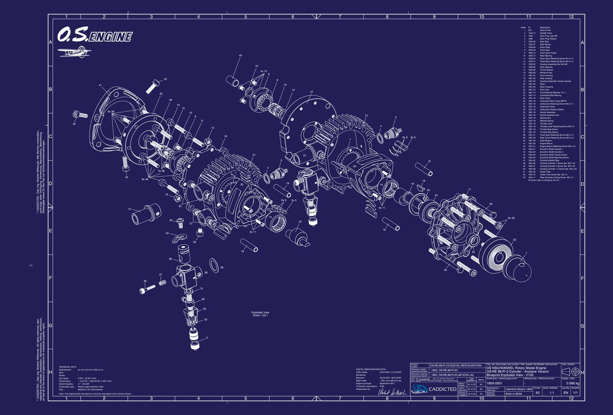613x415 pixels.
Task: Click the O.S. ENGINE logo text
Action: (x=95, y=35)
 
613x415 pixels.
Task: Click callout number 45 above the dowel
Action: (x=240, y=56)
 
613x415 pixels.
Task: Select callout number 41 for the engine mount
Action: (x=100, y=85)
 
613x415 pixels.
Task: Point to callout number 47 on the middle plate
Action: (x=311, y=92)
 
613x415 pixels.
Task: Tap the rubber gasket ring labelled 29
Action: (x=214, y=266)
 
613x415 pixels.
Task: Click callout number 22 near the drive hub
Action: (x=514, y=240)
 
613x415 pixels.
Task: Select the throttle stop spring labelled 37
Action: (x=163, y=283)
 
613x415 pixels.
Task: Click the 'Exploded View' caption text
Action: (x=260, y=313)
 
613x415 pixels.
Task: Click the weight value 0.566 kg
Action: (x=572, y=383)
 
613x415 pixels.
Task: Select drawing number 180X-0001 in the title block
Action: (x=494, y=383)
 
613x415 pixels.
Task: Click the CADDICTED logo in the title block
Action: (x=434, y=389)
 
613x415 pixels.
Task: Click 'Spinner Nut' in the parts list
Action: (x=545, y=30)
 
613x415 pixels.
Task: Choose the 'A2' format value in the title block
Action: (x=538, y=393)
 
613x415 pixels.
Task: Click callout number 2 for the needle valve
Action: (x=207, y=338)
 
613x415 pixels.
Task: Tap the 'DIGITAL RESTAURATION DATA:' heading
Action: (x=371, y=369)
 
